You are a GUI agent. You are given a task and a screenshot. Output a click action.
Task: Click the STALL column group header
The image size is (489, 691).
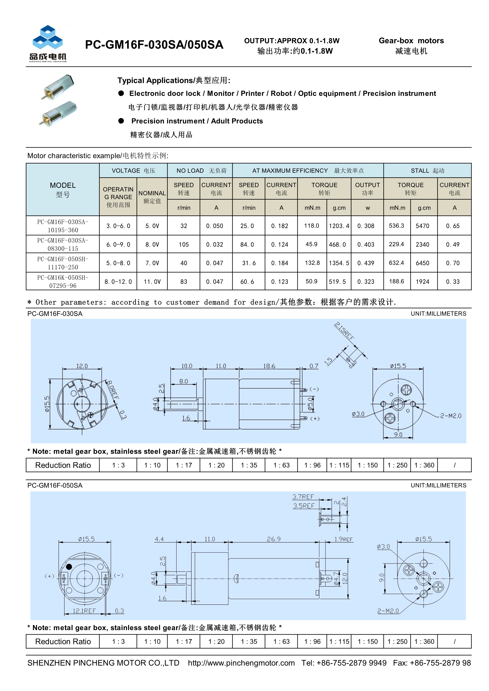click(x=427, y=171)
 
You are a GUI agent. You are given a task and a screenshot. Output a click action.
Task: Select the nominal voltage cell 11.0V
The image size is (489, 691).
click(x=152, y=282)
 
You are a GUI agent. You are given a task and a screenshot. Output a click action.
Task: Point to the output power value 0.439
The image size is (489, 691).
click(x=366, y=263)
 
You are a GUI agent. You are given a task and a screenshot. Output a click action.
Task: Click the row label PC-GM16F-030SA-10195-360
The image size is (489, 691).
click(x=63, y=226)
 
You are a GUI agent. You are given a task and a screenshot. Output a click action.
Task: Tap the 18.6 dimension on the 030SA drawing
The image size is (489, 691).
click(x=269, y=366)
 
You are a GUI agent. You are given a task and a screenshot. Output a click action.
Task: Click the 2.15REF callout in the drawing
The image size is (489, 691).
click(x=345, y=331)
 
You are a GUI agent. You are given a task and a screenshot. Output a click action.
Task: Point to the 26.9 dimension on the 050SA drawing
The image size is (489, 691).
click(x=273, y=539)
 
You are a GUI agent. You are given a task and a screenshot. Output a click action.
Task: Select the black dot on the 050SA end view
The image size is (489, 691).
click(x=69, y=567)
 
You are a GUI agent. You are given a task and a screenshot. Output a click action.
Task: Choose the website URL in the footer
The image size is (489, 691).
click(x=241, y=663)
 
